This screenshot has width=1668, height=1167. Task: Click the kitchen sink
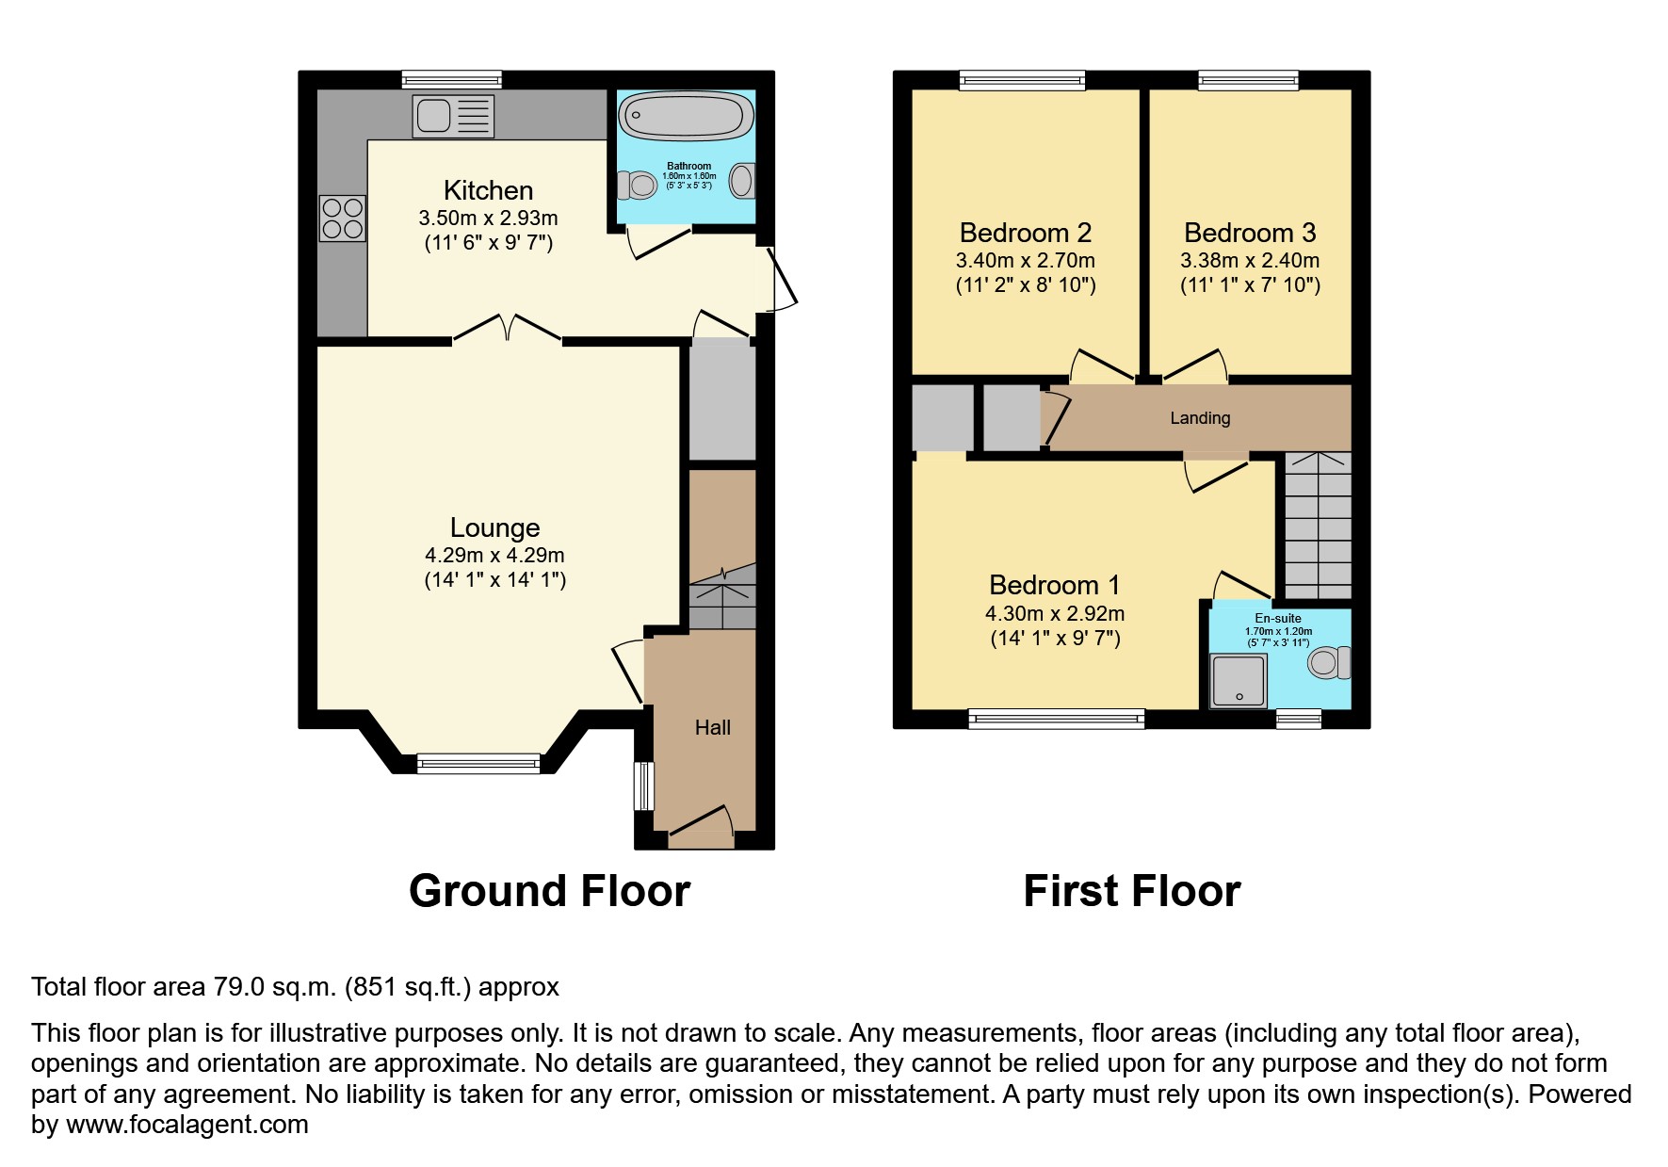click(x=453, y=116)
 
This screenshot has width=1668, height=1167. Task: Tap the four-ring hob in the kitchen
click(x=342, y=218)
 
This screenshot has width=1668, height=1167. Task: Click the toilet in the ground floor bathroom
click(x=638, y=185)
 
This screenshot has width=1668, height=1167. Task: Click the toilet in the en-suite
click(x=1328, y=662)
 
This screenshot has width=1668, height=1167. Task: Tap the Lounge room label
click(x=494, y=527)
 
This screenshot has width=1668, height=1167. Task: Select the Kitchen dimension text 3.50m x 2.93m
click(x=488, y=218)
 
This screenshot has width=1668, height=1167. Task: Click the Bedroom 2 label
click(x=1026, y=233)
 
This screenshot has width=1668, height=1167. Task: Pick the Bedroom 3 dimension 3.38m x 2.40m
click(x=1250, y=260)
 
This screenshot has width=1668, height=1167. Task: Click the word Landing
click(x=1200, y=418)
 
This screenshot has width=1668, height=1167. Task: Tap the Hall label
click(x=712, y=727)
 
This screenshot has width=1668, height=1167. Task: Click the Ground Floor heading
click(x=549, y=891)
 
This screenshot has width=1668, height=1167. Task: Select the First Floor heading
click(x=1131, y=891)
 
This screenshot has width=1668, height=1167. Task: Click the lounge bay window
click(x=478, y=763)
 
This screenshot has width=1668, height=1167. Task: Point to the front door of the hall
click(x=701, y=825)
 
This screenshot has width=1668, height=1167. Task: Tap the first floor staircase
click(x=1318, y=526)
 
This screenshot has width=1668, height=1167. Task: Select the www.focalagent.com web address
click(x=186, y=1125)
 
